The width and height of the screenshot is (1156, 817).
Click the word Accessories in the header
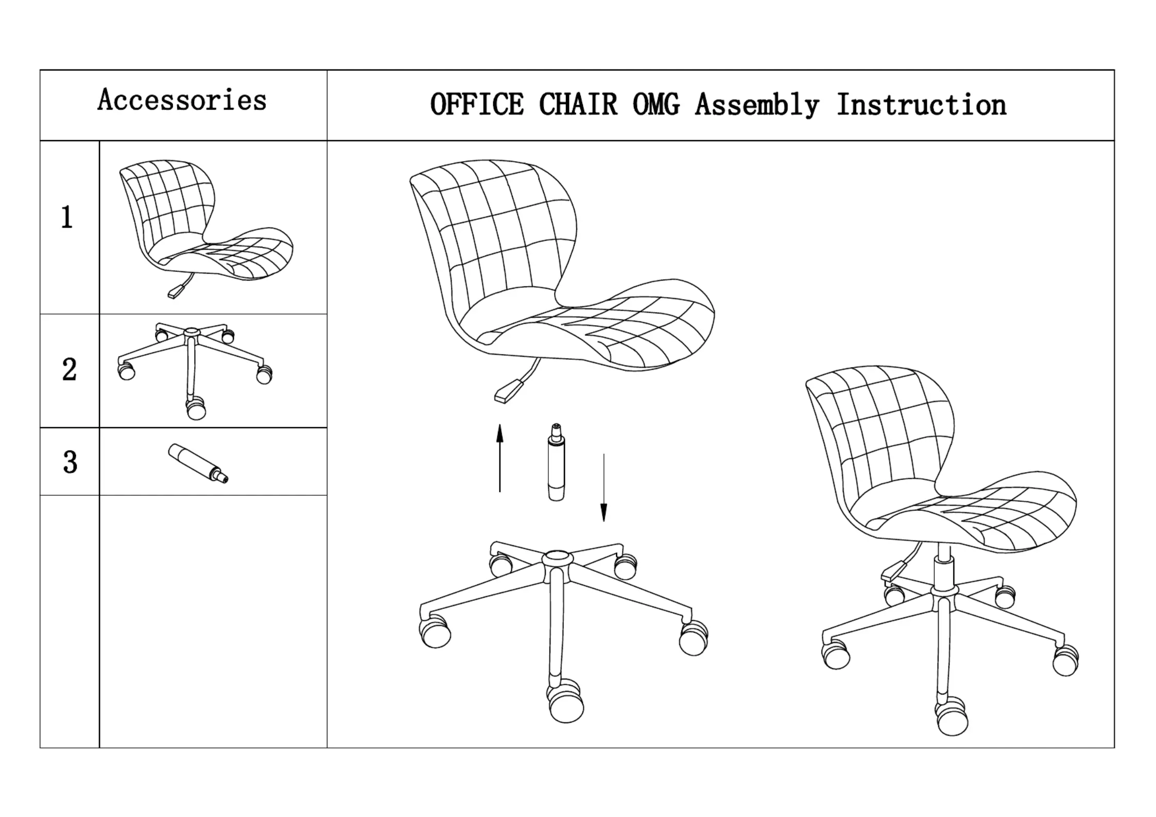point(182,100)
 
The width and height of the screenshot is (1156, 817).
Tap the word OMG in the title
point(656,105)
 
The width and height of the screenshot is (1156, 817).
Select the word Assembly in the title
point(757,106)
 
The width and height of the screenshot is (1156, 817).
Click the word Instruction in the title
point(921,105)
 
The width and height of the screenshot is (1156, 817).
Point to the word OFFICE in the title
point(477,105)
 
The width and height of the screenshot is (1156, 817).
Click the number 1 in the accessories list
point(67,217)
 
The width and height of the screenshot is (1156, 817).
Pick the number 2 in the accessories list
point(70,370)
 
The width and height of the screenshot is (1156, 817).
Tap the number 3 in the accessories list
point(70,462)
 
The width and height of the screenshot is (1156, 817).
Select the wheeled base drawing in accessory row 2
point(193,368)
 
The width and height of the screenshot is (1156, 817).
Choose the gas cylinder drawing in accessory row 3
point(198,463)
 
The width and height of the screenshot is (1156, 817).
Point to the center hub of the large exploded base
point(558,558)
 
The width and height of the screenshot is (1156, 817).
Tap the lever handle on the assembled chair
point(893,571)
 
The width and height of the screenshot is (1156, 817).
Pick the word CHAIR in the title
point(578,105)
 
